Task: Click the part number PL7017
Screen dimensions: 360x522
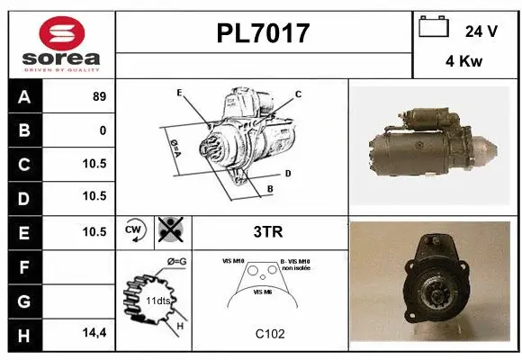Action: (263, 34)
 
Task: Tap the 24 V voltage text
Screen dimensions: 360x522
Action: (481, 31)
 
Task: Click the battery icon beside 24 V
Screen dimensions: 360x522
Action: (433, 29)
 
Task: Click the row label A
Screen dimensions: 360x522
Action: (23, 97)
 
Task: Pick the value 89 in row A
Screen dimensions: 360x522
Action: (99, 97)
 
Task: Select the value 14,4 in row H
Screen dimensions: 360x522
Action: (95, 333)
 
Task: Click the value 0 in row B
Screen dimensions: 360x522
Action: (103, 130)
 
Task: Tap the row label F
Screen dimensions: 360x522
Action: (23, 266)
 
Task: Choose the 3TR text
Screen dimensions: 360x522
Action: (269, 232)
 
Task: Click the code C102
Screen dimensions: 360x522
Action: (269, 334)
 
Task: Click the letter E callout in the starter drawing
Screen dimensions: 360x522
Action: (179, 93)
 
